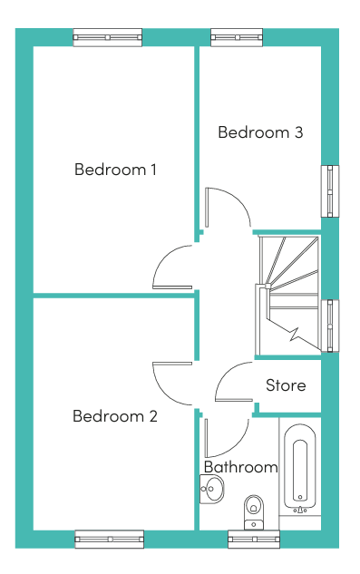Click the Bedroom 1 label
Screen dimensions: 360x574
tap(115, 170)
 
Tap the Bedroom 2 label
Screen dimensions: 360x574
tap(115, 416)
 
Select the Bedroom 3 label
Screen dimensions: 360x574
tap(260, 132)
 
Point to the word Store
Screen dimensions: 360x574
tap(286, 385)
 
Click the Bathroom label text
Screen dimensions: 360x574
tap(241, 467)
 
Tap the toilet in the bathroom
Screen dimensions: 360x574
tap(254, 512)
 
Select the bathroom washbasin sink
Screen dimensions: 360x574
tap(211, 489)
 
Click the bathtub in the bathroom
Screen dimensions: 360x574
tap(300, 470)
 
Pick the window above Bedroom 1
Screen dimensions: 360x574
tap(107, 37)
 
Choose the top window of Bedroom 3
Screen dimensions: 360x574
tap(237, 37)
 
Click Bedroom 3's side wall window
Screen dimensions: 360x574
tap(330, 191)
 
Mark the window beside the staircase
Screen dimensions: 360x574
tap(330, 326)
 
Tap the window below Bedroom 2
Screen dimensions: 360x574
tap(109, 540)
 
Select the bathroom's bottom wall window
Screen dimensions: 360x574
tap(254, 540)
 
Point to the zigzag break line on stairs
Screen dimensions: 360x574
tap(296, 334)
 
